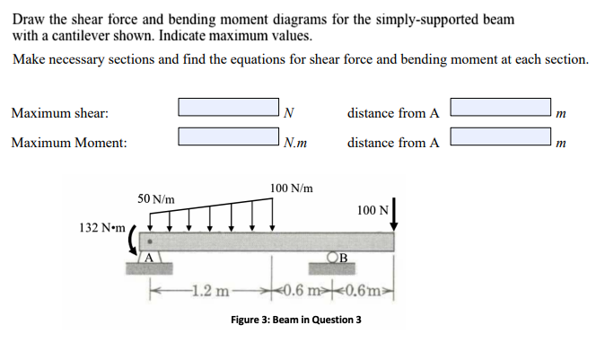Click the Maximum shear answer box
coord(228,108)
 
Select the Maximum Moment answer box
coord(228,136)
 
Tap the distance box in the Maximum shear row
coord(501,108)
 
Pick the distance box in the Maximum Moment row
coord(501,136)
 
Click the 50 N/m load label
coord(156,198)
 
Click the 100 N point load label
coord(371,210)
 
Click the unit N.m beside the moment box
coord(294,142)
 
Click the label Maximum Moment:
coord(69,143)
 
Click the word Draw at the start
coord(28,19)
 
